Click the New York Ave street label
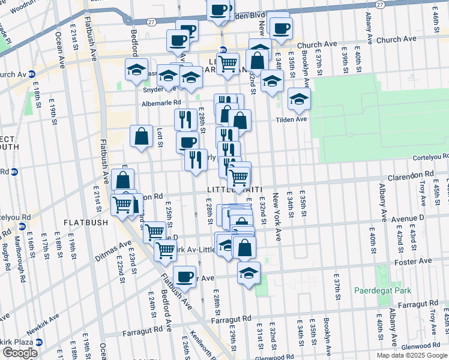coord(277,217)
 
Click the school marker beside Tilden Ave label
coord(298,99)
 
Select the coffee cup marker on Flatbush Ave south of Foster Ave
coord(184,277)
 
